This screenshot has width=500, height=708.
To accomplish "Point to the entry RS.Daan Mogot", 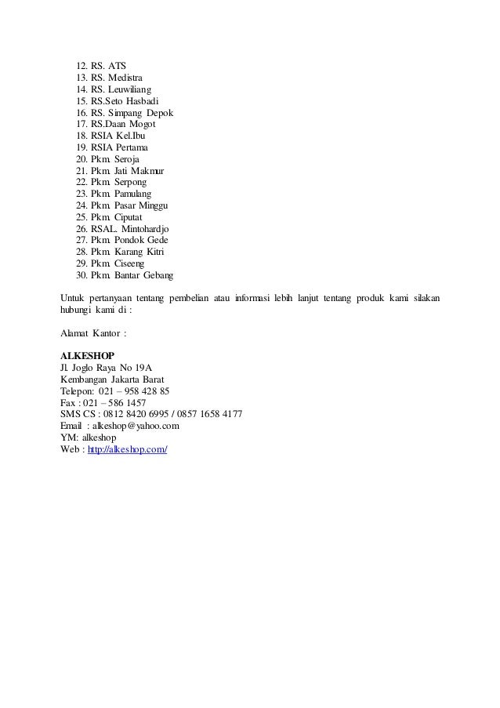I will (x=123, y=124).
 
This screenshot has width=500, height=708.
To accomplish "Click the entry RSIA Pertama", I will (x=119, y=147).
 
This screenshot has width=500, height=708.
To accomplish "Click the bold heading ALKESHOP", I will (x=87, y=355).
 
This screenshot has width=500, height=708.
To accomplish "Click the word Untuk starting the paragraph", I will (x=74, y=298).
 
